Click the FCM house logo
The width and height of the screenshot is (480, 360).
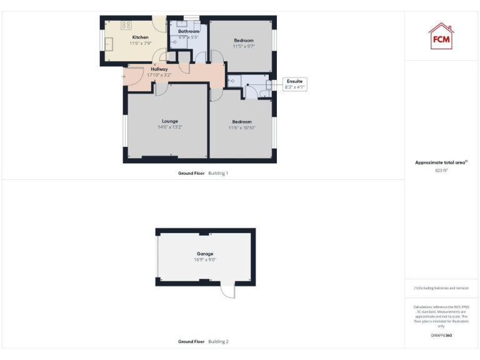click(441, 36)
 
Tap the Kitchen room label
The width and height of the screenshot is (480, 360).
click(140, 37)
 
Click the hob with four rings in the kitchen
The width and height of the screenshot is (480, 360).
click(126, 26)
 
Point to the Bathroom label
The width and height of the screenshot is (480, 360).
click(189, 31)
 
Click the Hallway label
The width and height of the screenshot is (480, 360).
click(159, 69)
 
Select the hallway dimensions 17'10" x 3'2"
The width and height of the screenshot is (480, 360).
click(159, 75)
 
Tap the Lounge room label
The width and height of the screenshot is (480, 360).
click(170, 121)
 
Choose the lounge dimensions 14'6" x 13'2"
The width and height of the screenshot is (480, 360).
click(170, 127)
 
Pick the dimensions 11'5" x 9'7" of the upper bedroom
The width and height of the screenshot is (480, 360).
click(244, 47)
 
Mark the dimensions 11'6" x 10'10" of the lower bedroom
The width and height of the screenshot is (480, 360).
click(242, 127)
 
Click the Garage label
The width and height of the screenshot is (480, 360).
click(205, 254)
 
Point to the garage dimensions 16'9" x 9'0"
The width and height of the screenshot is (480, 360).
click(205, 259)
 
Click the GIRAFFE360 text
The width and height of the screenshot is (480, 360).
click(441, 336)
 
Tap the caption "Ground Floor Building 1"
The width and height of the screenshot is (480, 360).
click(203, 172)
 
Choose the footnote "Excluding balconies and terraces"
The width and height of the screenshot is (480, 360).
click(441, 288)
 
